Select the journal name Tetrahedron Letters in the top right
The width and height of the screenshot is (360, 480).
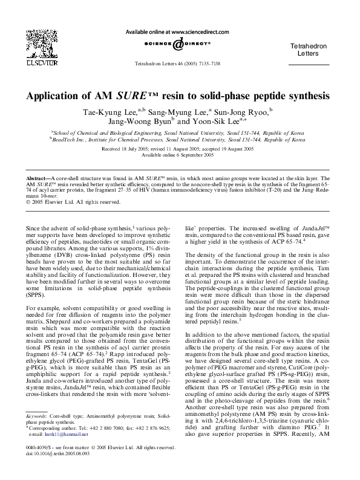point(309,50)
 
